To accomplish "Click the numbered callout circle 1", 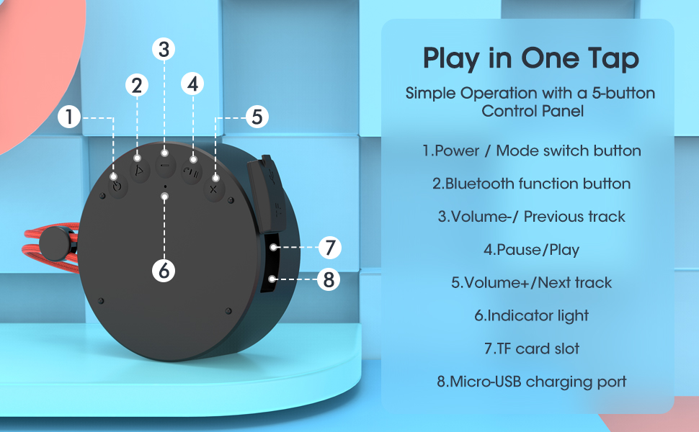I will tap(68, 117).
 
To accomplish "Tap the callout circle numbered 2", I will tap(136, 85).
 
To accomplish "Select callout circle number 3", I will tap(164, 49).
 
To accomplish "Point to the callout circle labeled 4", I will tap(192, 84).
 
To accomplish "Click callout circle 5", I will tap(257, 117).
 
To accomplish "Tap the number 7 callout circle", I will tap(329, 248).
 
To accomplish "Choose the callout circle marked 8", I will tap(329, 279).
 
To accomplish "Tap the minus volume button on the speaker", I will tap(164, 153).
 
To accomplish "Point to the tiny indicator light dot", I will tap(165, 186).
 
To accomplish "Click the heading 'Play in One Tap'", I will tap(531, 58).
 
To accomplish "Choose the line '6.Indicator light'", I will tap(531, 315).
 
